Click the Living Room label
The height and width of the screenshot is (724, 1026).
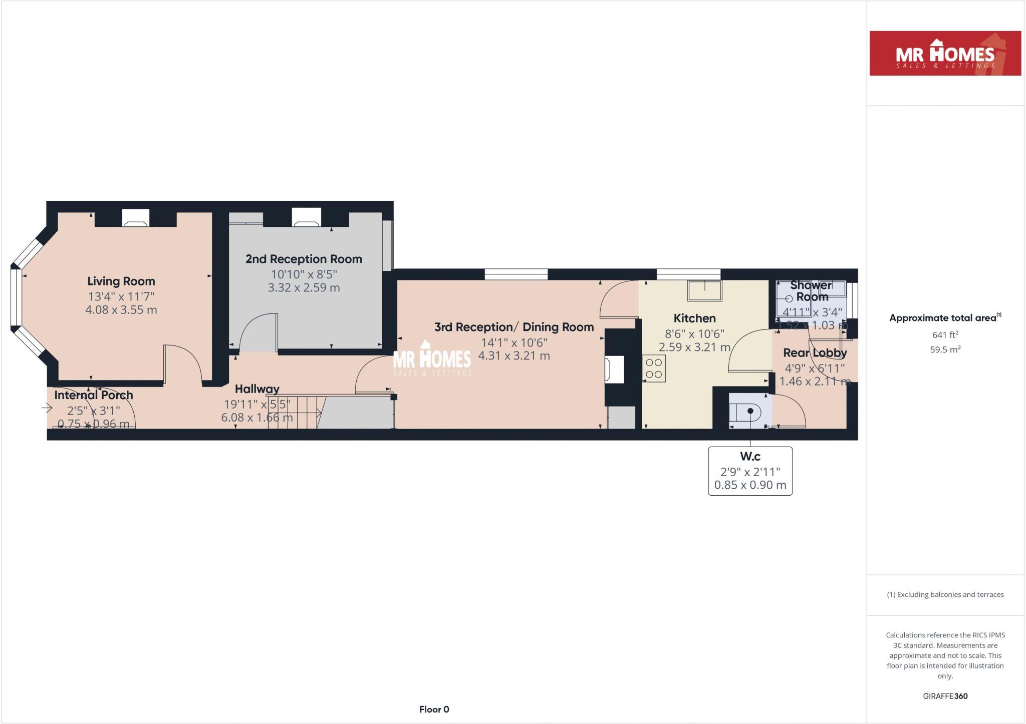121,281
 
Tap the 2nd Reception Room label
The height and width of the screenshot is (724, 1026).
304,259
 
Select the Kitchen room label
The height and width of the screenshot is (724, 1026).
694,318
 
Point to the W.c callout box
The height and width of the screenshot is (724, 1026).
750,471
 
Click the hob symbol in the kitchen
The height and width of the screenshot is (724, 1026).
654,369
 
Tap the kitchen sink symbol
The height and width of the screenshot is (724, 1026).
705,291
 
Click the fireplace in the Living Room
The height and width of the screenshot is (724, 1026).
136,218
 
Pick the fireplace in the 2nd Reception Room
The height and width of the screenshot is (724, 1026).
306,217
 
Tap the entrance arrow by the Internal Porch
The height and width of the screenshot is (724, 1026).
47,408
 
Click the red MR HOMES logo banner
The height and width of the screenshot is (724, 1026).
945,54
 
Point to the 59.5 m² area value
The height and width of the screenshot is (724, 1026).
945,349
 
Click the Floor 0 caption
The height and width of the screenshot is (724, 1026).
434,709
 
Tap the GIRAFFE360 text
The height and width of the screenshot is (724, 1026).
945,696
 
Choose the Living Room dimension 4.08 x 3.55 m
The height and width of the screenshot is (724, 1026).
121,310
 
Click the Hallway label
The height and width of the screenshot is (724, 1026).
257,389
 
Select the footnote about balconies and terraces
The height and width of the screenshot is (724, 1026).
945,595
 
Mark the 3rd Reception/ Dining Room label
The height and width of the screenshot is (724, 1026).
514,327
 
